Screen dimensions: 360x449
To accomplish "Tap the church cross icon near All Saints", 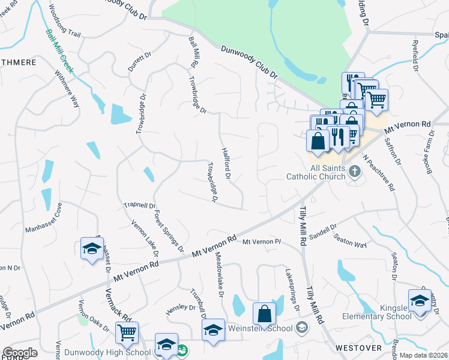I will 355,172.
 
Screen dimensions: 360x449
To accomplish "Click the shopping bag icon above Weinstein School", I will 264,314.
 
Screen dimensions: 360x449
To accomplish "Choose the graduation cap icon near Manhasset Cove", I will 91,249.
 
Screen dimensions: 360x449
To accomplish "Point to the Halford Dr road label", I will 226,164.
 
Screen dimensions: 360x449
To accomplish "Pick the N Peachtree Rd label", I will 379,174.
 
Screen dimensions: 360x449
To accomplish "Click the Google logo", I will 20,353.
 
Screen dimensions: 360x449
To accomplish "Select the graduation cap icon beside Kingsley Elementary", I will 420,300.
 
